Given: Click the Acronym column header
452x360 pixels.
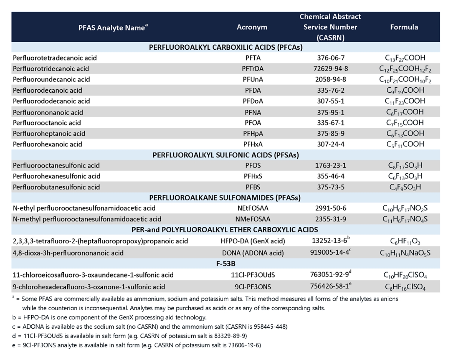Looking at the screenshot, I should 252,27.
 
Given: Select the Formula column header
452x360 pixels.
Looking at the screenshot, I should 404,27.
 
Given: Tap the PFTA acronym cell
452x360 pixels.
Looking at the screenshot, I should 252,58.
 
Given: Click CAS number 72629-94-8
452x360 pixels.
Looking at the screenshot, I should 330,69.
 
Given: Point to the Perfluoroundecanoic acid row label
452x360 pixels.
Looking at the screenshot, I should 51,79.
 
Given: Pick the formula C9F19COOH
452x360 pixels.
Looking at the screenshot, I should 405,90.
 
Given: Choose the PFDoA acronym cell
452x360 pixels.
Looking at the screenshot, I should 252,101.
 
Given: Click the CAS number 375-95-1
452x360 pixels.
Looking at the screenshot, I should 330,112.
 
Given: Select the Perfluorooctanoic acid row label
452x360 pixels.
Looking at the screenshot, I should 47,123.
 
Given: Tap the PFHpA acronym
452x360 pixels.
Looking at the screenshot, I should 252,133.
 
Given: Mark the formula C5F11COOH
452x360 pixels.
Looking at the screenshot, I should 405,144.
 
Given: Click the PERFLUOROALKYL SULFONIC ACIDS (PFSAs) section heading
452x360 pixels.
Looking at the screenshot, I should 226,155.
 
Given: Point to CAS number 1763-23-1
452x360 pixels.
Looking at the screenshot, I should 330,165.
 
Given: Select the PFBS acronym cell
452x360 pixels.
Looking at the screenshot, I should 252,187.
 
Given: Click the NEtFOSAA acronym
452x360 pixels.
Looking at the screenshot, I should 252,208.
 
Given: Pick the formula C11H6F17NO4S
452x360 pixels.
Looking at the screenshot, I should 405,219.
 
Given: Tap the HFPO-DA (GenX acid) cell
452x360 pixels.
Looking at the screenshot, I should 252,241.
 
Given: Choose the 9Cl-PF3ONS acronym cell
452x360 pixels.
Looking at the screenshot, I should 252,287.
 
